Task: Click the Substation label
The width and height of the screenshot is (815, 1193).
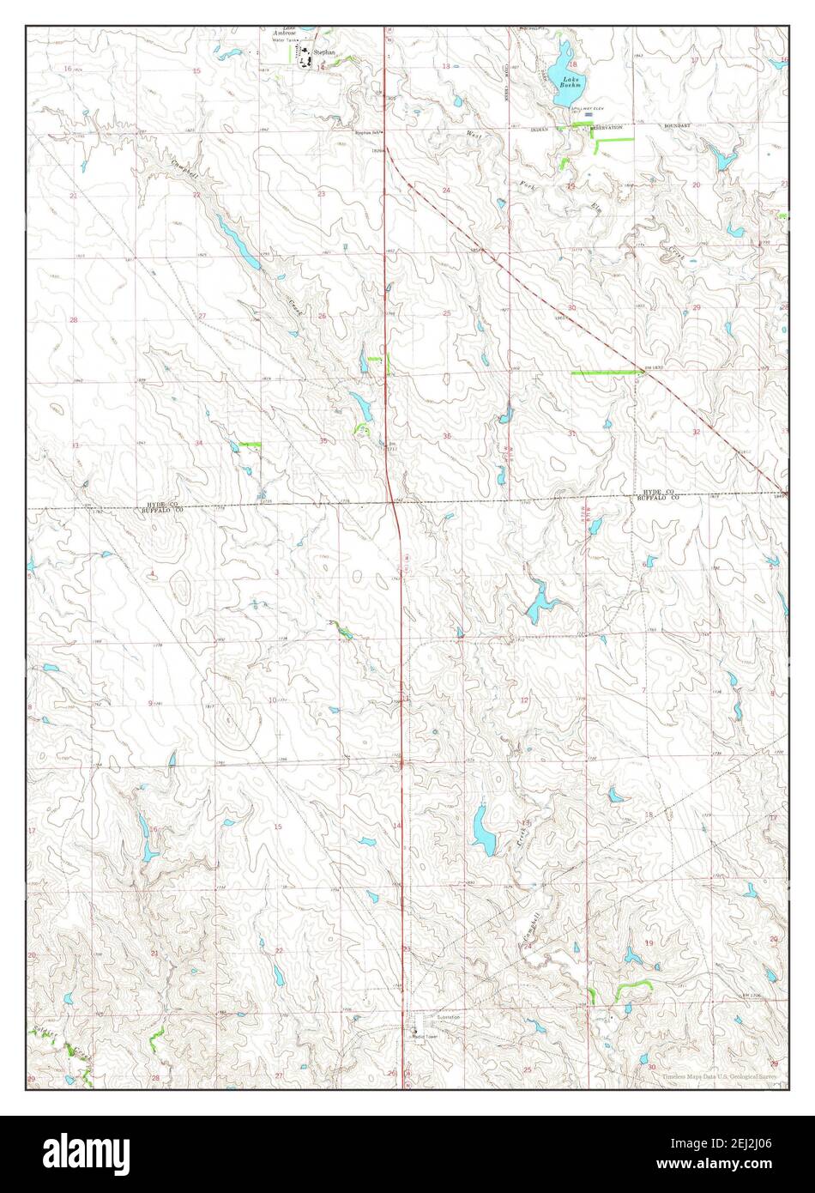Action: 449,1017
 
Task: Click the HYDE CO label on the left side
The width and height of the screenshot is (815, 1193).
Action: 160,503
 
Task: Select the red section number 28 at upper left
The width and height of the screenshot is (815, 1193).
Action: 74,319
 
